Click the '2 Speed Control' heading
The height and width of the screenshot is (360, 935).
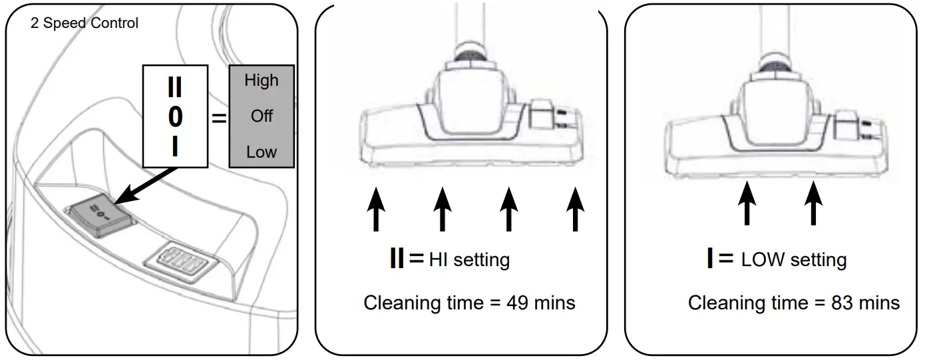(85, 23)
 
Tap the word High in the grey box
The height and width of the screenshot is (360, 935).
(261, 81)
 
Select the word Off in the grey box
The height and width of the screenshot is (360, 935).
(262, 116)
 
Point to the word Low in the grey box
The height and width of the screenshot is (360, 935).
(261, 152)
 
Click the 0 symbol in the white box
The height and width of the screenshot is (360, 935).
(175, 117)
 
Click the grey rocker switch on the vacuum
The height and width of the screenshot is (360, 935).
(100, 214)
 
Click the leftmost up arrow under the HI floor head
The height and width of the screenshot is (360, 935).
(377, 208)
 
